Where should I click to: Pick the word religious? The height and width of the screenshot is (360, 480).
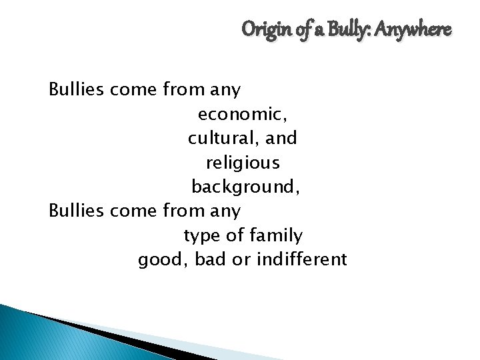(x=243, y=163)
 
